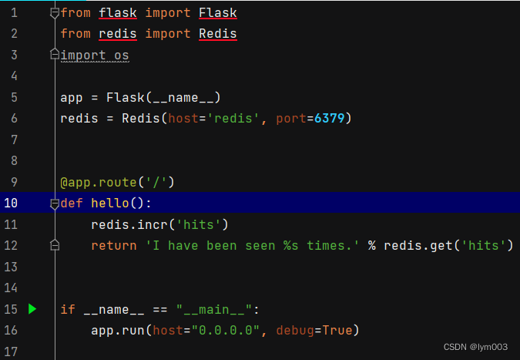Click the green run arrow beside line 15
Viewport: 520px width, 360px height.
click(x=32, y=309)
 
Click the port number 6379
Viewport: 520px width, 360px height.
click(x=332, y=119)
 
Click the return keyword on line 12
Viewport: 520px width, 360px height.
click(x=113, y=245)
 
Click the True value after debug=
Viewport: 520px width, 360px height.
click(x=337, y=330)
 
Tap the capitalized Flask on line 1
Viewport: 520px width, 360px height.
click(x=217, y=13)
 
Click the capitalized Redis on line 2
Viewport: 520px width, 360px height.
click(x=217, y=34)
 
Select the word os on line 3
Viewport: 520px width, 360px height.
click(x=121, y=56)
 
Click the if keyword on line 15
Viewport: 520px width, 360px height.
click(x=68, y=309)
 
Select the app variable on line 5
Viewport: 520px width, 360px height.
click(x=72, y=98)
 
